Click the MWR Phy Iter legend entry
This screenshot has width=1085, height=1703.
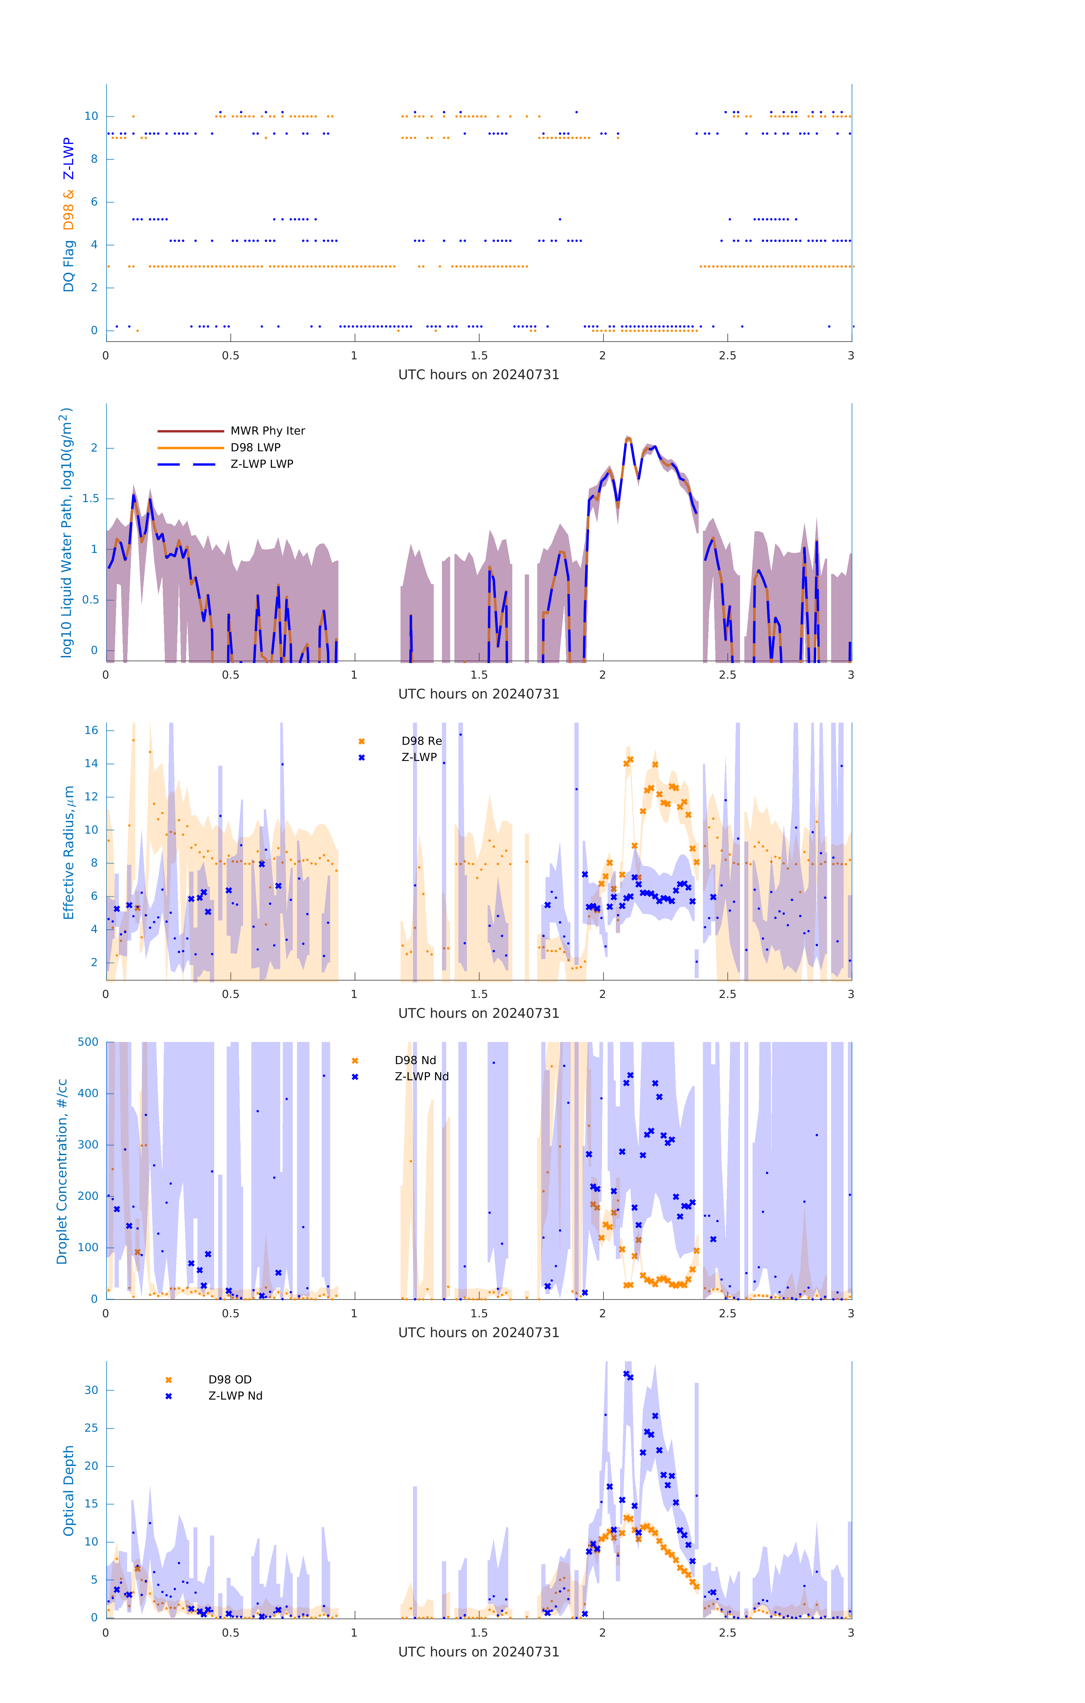click(267, 431)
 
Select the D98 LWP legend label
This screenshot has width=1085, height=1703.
click(255, 448)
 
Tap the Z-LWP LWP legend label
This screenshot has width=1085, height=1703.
click(262, 464)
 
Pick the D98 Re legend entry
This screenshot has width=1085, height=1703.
click(421, 741)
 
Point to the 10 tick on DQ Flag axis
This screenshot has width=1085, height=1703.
click(91, 116)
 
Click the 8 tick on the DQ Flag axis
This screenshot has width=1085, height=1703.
click(94, 159)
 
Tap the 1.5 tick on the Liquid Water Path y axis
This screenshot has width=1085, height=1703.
click(90, 499)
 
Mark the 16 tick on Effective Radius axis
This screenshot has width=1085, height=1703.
click(91, 730)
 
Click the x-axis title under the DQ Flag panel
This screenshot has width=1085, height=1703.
click(479, 375)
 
